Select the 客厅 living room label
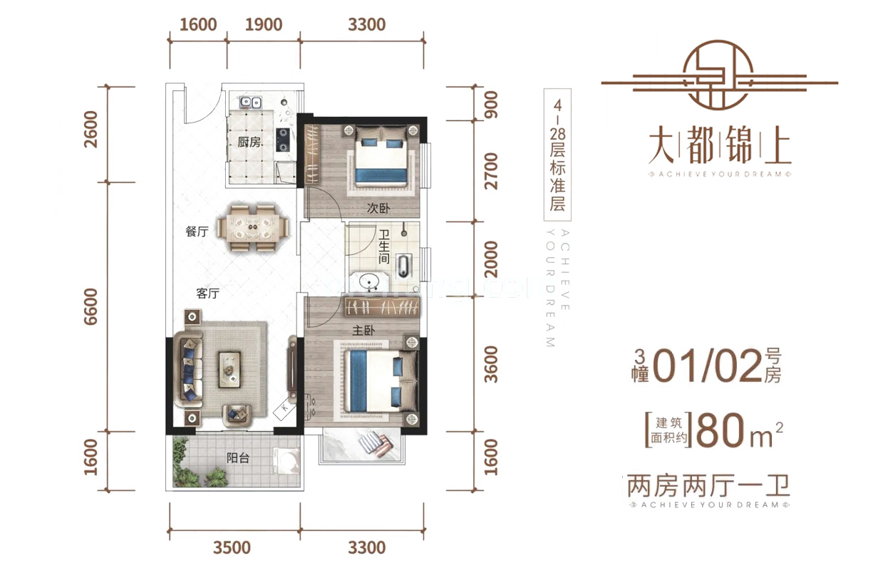(x=207, y=294)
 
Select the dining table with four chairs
(x=254, y=228)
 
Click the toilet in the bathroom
(x=405, y=265)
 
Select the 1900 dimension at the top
(x=263, y=25)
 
